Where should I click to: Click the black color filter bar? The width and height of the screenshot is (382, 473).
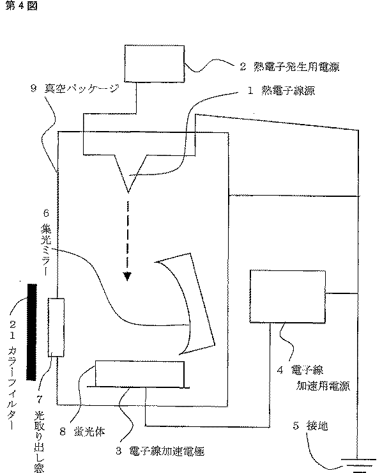[30, 331]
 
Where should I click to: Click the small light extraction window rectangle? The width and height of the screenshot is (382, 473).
[56, 326]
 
